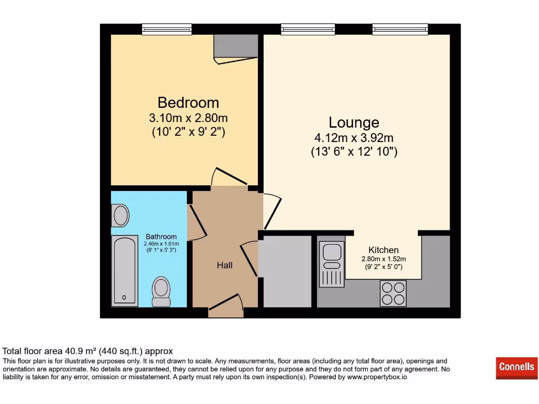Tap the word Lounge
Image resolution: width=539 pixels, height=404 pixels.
tap(354, 123)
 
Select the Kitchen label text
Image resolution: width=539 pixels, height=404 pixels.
tap(383, 250)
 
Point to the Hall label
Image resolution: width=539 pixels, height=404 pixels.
tap(225, 265)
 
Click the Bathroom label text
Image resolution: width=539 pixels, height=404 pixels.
tap(161, 237)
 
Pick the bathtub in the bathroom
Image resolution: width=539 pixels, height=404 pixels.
tap(124, 271)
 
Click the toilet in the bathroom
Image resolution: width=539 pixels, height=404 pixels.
tap(161, 291)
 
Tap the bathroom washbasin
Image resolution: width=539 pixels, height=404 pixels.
tap(120, 216)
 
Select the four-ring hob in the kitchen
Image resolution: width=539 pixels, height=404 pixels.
tap(393, 293)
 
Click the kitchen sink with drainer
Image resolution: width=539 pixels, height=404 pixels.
tap(332, 264)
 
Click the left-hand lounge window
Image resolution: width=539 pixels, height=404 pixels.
tap(308, 30)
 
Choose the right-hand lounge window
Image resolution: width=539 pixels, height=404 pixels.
tap(400, 30)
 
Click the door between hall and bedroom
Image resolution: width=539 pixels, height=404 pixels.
tap(229, 179)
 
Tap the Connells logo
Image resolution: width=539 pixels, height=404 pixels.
tap(516, 367)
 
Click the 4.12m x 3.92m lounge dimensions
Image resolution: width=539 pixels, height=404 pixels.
tap(354, 138)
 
